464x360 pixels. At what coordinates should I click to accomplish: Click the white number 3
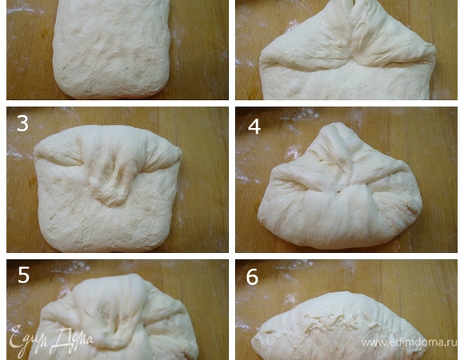(22, 123)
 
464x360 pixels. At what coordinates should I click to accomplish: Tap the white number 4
(254, 126)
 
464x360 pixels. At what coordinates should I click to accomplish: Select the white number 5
(24, 275)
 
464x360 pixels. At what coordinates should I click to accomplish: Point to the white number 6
(252, 277)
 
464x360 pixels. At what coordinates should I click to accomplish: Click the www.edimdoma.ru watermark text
(409, 342)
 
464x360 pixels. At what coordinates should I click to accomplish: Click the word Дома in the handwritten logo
(74, 338)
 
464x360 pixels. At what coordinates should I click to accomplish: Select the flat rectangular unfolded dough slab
(111, 49)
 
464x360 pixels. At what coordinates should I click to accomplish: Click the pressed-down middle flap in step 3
(111, 181)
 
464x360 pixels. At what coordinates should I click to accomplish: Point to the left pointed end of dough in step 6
(254, 340)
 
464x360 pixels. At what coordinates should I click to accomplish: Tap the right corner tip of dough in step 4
(420, 204)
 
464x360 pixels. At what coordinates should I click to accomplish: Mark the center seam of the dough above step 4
(351, 33)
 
